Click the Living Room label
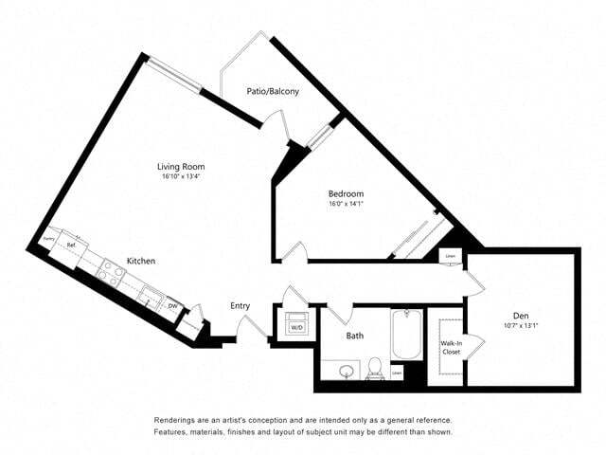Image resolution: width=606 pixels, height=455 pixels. coord(181,167)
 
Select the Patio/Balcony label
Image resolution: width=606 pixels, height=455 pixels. coord(273,92)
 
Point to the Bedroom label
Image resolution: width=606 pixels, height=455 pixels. coord(346,193)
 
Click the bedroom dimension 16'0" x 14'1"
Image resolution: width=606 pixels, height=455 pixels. coord(346,204)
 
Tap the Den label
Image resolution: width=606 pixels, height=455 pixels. coord(521,316)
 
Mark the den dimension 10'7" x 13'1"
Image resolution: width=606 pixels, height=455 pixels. coord(521,327)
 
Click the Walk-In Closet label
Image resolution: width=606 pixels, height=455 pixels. coord(451,348)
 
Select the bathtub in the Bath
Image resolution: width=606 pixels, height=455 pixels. coord(407,336)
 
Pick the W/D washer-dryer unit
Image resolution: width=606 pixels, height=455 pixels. coord(296,321)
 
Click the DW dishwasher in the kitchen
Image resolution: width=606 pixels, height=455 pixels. coord(173,306)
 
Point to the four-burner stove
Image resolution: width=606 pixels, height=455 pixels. coord(110,275)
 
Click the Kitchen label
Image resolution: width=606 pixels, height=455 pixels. coord(141,261)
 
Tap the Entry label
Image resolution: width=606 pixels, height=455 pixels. coord(241,305)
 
